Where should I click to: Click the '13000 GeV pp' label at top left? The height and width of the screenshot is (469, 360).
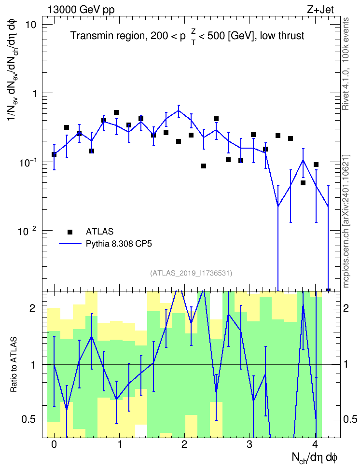click(x=81, y=10)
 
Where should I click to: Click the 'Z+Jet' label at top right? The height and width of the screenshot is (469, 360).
click(x=320, y=10)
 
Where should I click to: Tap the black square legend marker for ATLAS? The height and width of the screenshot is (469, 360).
click(x=70, y=232)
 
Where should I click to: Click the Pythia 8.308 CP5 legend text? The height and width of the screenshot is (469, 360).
click(x=119, y=244)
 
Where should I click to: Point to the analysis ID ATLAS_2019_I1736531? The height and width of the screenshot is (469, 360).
click(x=191, y=273)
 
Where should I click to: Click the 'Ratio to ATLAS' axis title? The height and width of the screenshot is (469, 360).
click(x=14, y=364)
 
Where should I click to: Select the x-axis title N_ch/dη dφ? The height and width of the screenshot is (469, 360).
click(x=314, y=457)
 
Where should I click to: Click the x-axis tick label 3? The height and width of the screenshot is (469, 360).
click(x=249, y=444)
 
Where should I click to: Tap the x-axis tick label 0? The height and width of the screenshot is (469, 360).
click(x=54, y=444)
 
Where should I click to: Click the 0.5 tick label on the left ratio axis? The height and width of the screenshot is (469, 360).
click(x=29, y=420)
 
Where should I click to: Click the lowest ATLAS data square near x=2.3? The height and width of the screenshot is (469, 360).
click(x=204, y=166)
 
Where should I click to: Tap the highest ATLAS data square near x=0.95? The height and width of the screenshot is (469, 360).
click(x=116, y=112)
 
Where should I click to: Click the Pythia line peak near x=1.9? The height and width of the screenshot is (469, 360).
click(x=179, y=110)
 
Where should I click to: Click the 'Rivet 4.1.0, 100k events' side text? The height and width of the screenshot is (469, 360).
click(x=346, y=64)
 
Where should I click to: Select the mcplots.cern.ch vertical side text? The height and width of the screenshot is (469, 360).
click(x=346, y=221)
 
